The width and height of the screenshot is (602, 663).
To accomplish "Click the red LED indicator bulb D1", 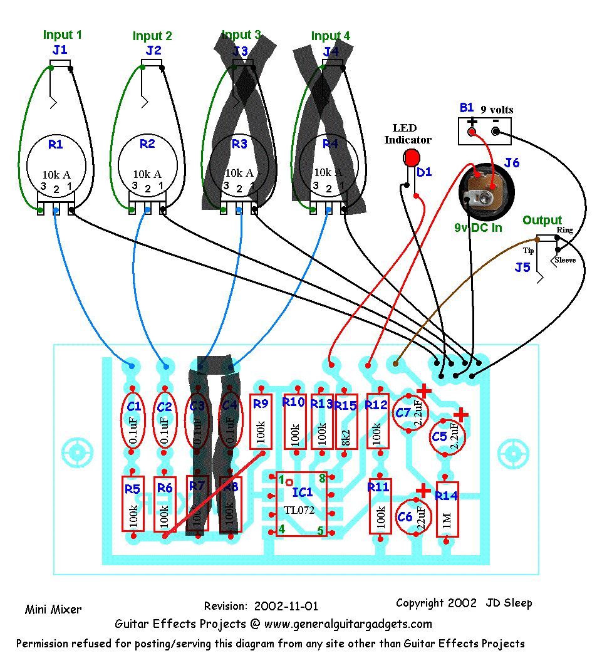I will click(x=411, y=157).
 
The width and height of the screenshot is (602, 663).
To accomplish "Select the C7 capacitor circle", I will click(x=408, y=413).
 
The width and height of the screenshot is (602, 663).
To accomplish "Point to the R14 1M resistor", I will click(x=447, y=509).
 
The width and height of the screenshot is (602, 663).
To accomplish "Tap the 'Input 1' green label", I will click(x=62, y=34).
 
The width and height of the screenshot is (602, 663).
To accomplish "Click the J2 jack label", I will click(x=153, y=50).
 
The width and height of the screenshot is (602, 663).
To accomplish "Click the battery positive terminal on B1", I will click(x=472, y=132).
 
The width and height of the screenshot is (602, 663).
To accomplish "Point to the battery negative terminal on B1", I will click(x=496, y=132).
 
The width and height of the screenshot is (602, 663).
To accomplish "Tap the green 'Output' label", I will click(x=542, y=220).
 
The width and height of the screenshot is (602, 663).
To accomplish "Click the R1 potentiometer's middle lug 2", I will click(x=56, y=210).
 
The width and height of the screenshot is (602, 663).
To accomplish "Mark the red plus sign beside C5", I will click(x=460, y=415).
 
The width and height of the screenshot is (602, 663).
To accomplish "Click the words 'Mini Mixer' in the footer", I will click(x=53, y=608).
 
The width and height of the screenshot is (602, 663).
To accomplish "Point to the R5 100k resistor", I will click(x=132, y=504).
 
